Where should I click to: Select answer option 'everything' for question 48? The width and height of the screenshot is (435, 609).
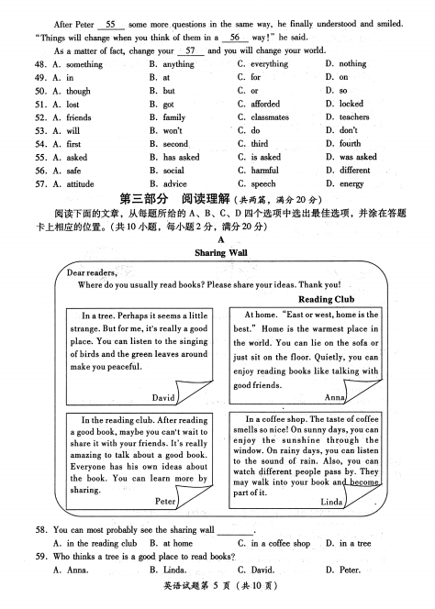pyautogui.click(x=269, y=64)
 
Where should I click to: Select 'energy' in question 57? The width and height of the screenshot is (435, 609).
pyautogui.click(x=351, y=183)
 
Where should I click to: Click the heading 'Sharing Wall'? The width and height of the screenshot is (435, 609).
pyautogui.click(x=221, y=251)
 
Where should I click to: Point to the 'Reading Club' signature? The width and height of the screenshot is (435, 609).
pyautogui.click(x=328, y=299)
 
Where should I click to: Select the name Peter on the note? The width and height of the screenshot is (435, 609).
pyautogui.click(x=165, y=502)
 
